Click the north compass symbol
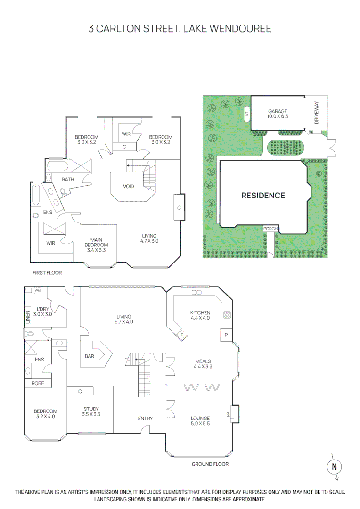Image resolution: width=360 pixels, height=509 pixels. [334, 467]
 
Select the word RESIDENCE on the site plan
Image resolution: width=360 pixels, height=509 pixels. [263, 195]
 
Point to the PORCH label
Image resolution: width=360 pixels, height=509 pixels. [270, 229]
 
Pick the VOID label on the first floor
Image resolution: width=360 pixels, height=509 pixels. [128, 186]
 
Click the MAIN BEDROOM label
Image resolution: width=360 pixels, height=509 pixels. [97, 243]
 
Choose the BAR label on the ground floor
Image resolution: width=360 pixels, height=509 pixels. [90, 357]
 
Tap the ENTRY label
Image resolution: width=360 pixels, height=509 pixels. [145, 419]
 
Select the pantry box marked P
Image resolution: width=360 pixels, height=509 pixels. [227, 335]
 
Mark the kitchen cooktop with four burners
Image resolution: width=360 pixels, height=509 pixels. [227, 315]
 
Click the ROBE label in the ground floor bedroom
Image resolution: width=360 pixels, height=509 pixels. [38, 384]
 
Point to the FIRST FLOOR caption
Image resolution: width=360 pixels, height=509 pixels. [47, 273]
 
